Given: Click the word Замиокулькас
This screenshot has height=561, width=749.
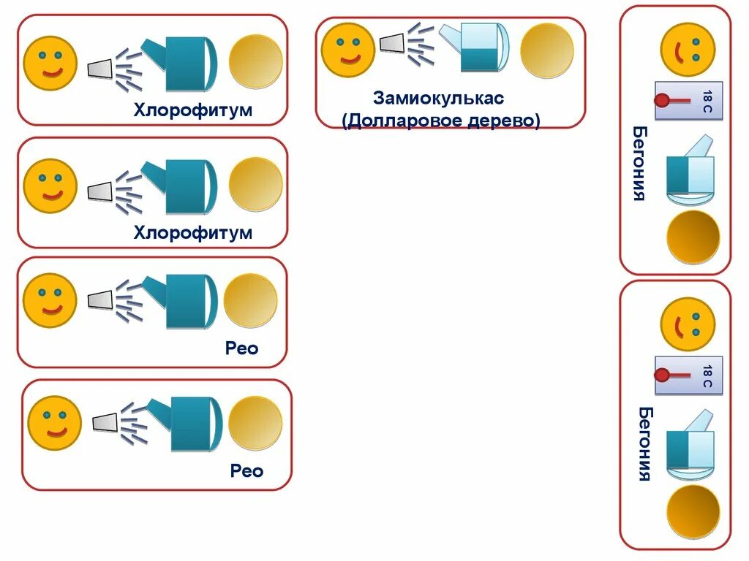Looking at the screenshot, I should point(438,98).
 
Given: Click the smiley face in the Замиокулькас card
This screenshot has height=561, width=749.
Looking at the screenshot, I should point(347,49).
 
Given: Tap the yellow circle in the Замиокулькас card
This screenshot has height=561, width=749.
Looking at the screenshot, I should point(546,50).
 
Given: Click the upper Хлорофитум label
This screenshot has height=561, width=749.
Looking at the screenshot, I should point(192,110).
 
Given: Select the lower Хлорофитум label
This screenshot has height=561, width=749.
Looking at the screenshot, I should point(192,233).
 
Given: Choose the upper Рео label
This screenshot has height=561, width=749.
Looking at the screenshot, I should point(242,348).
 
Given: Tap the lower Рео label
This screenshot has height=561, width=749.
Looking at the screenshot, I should point(246,471).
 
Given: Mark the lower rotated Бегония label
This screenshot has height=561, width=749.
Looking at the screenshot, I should point(644,444).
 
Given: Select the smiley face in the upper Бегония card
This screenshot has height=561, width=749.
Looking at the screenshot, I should point(688,49).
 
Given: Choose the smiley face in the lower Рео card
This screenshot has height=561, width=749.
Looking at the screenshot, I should point(54,423).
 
